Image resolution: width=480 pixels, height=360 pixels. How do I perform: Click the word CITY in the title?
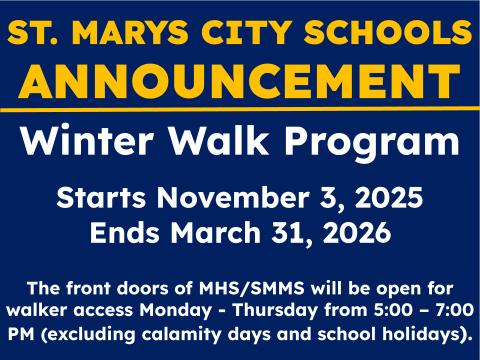246,33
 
